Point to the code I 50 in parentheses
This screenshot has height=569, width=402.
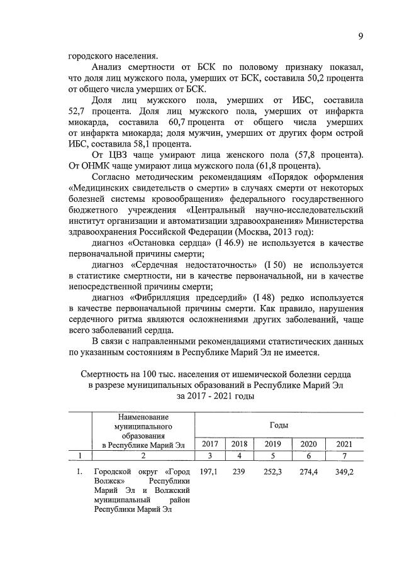tap(276, 266)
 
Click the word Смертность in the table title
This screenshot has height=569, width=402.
tap(109, 374)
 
